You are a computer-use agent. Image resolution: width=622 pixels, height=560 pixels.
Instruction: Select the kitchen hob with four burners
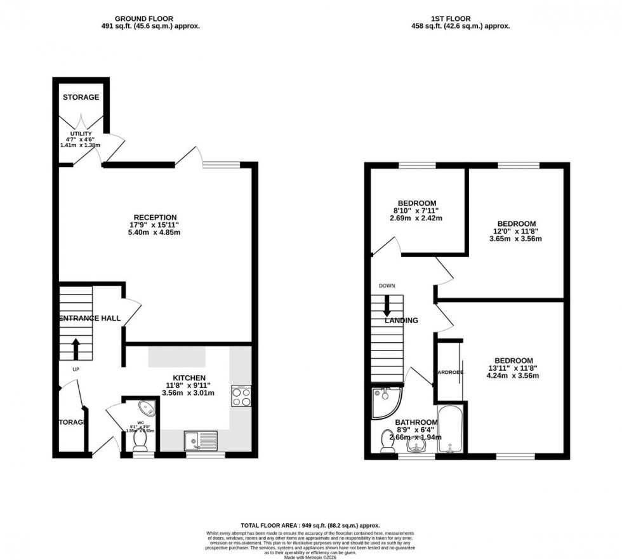pyautogui.click(x=241, y=396)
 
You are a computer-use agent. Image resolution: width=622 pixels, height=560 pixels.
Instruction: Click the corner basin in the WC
pyautogui.click(x=149, y=407)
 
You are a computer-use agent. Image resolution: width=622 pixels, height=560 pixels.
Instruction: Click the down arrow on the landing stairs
pyautogui.click(x=387, y=306)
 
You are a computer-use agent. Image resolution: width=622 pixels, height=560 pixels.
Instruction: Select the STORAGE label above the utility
pyautogui.click(x=81, y=97)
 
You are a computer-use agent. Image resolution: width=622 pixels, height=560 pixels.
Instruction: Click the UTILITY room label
pyautogui.click(x=81, y=134)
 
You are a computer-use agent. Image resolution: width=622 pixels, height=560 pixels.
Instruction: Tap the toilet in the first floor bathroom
pyautogui.click(x=387, y=442)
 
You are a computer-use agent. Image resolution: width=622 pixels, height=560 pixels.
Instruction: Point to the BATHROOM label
pyautogui.click(x=416, y=422)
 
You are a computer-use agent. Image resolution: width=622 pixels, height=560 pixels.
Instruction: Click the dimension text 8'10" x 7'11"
pyautogui.click(x=416, y=211)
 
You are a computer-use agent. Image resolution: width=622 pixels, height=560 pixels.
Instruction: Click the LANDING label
pyautogui.click(x=401, y=321)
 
